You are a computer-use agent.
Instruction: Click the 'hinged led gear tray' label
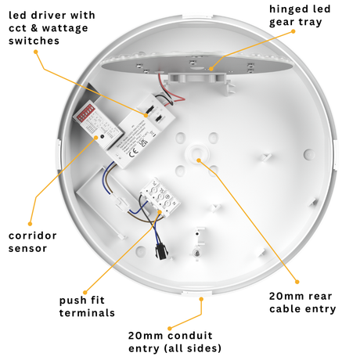point(300,16)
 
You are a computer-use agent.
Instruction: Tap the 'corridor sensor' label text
point(32,242)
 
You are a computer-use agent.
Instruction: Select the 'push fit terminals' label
point(87,307)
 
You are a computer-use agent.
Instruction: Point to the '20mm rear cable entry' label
point(303,303)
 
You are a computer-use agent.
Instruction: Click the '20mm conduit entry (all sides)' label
point(175,342)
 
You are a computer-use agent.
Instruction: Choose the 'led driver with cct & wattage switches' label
point(52,28)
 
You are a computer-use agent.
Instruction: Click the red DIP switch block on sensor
point(85,113)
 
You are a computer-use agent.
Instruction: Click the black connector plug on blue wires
point(160,252)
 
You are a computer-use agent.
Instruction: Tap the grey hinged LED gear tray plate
point(196,64)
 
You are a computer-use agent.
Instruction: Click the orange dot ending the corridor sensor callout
point(30,224)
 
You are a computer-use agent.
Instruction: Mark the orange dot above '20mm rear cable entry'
point(297,282)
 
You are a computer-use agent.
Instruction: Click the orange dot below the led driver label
point(36,52)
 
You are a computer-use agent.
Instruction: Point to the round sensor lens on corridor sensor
point(102,136)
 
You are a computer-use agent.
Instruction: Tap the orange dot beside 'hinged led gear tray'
point(293,31)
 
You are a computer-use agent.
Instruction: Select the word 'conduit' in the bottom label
point(189,336)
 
